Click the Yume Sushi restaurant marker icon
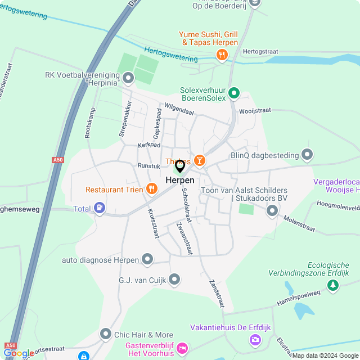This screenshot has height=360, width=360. pos(222,55)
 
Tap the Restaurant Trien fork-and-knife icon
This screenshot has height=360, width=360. pos(151,189)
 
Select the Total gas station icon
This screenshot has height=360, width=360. pos(100,209)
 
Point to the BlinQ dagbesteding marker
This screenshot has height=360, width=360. pos(307,154)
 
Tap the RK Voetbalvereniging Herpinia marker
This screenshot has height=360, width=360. pos(128,78)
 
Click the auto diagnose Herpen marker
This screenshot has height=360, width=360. pos(147,259)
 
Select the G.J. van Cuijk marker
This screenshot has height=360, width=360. pos(174,279)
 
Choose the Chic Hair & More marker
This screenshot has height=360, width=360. pos(105,334)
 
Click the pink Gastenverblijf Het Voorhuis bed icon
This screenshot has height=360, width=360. pos(182,348)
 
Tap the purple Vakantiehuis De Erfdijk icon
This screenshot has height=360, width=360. pos(255,339)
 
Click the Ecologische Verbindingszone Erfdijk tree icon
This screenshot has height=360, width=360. pos(334,285)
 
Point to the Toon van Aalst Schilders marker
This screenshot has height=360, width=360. pos(272,210)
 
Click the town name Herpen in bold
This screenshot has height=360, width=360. pos(180,180)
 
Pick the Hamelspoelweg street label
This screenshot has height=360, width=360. pos(298,300)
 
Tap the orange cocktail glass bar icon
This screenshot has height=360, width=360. pos(199,161)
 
